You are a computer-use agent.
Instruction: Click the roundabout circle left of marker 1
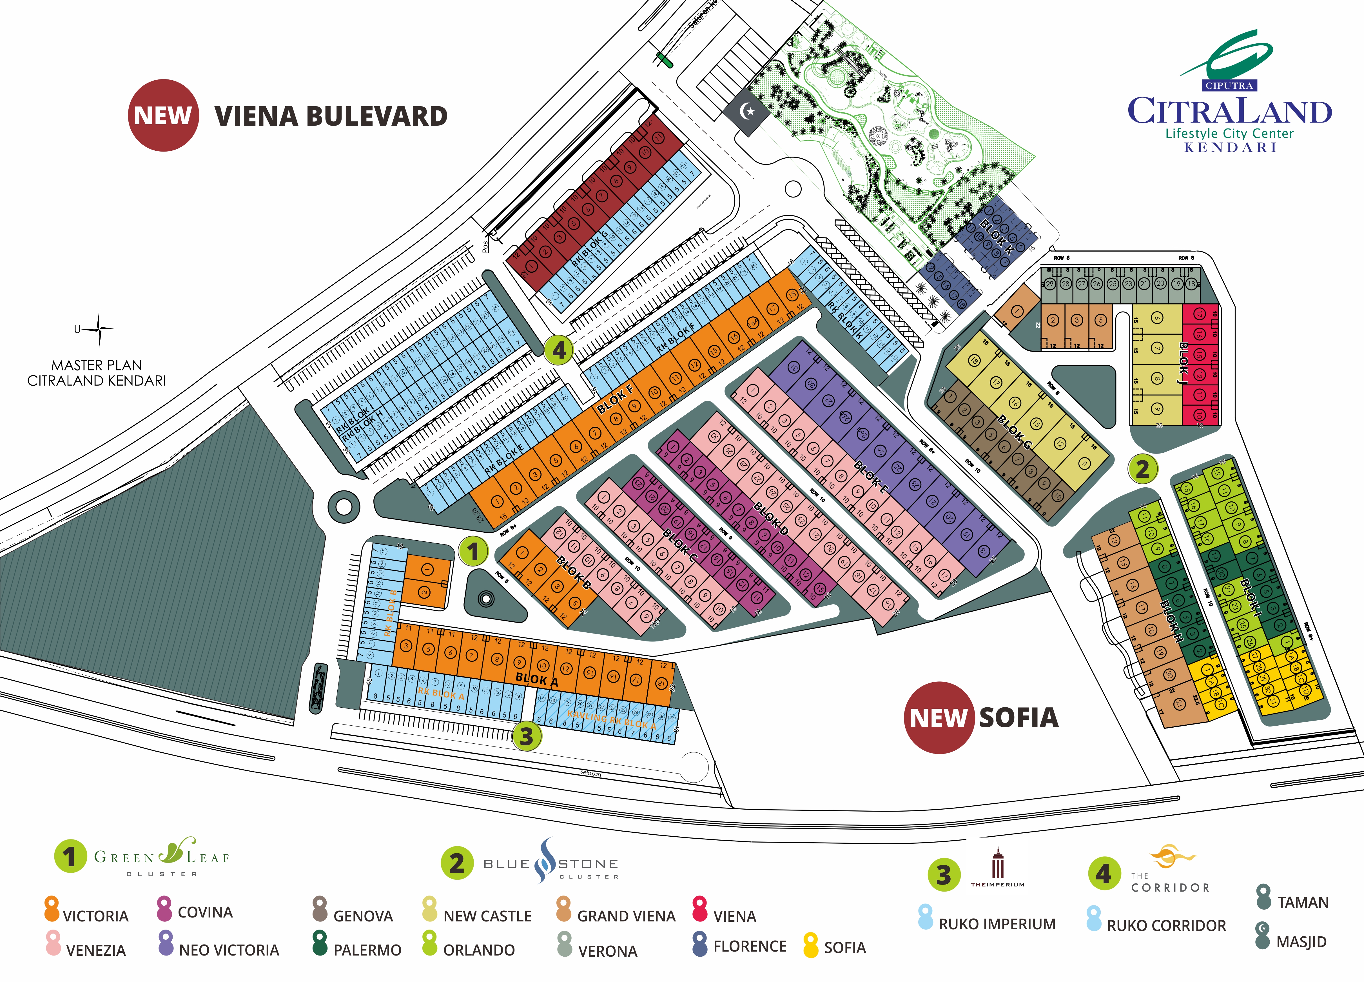(x=344, y=506)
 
